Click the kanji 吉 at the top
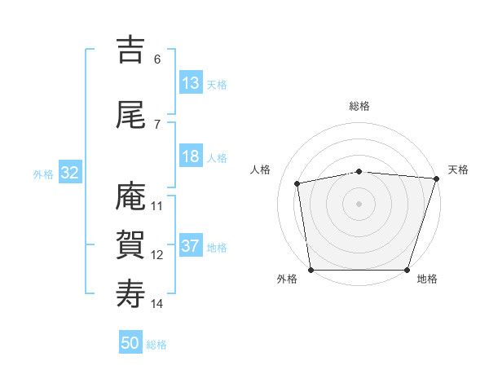pos(130,50)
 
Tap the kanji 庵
pos(130,196)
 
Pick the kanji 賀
pos(130,245)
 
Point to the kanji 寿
pos(130,294)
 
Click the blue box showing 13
pos(190,83)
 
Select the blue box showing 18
pos(190,156)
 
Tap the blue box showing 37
pos(190,246)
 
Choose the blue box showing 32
pos(69,173)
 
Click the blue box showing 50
pos(130,343)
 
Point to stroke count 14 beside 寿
pos(157,304)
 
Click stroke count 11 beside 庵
pos(157,206)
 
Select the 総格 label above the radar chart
pos(359,106)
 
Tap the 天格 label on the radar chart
pos(458,169)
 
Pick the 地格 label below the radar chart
pos(426,279)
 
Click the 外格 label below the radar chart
pos(287,279)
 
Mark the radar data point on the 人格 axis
pos(297,183)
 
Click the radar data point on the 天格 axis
pos(436,178)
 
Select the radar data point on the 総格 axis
pos(359,171)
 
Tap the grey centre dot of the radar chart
pos(359,203)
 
